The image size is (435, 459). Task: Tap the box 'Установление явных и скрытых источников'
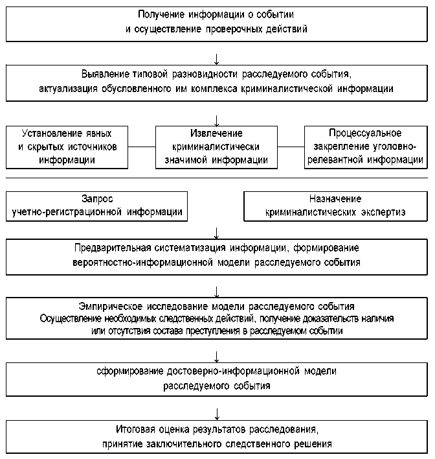[x=67, y=147]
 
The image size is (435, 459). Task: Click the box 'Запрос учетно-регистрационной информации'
[x=97, y=206]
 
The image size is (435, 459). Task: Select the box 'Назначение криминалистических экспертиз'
[x=335, y=206]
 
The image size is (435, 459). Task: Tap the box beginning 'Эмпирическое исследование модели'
[x=217, y=318]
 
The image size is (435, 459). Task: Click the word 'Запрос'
[x=98, y=199]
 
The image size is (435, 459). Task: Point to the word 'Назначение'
[x=335, y=199]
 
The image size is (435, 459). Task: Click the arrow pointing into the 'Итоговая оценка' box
[x=217, y=414]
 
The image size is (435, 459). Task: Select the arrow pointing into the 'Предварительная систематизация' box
[x=217, y=232]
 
